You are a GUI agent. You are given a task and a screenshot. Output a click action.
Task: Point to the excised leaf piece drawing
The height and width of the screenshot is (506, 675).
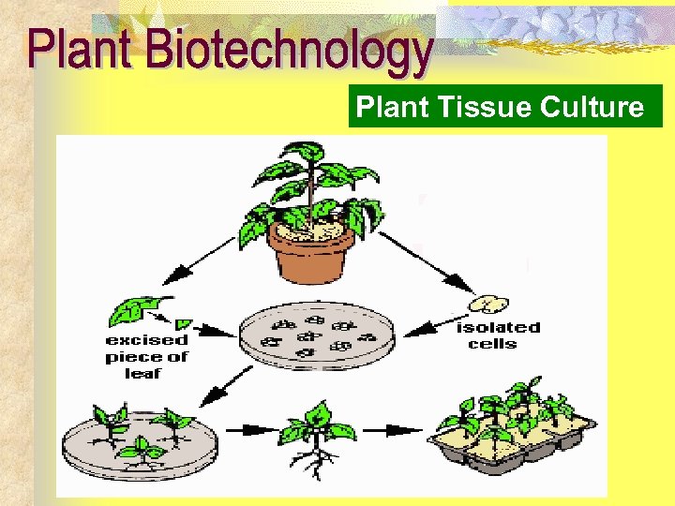[141, 309]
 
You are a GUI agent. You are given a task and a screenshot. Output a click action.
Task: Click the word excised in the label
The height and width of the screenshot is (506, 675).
[147, 340]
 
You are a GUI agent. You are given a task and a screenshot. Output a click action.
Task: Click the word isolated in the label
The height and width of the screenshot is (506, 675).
[498, 327]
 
